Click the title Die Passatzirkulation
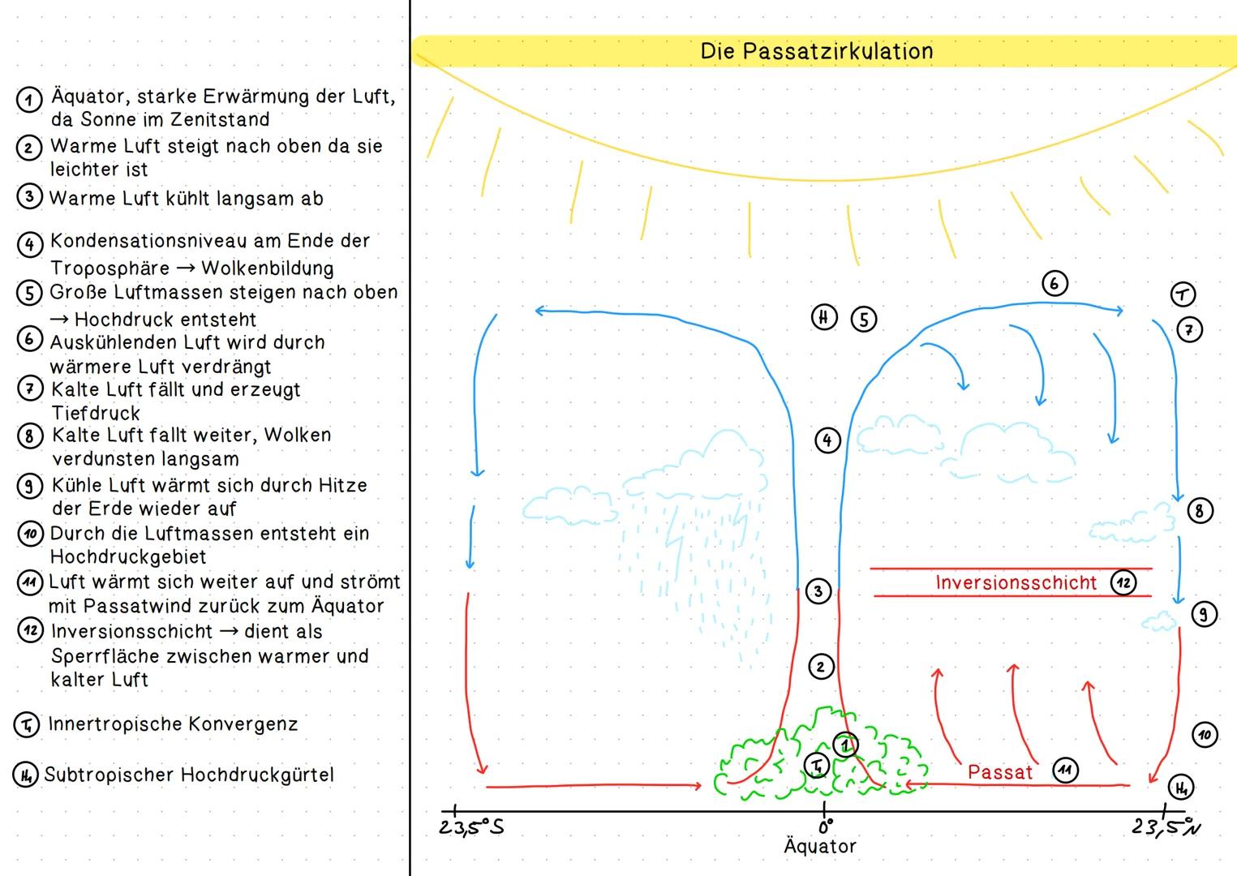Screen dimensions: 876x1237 (x=817, y=51)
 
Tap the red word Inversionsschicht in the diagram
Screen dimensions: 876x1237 (x=1016, y=582)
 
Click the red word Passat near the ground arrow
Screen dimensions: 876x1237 (x=1000, y=772)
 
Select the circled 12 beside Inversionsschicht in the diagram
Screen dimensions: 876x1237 (x=1123, y=582)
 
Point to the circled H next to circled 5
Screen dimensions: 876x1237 (x=824, y=317)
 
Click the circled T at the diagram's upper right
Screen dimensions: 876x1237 (x=1183, y=294)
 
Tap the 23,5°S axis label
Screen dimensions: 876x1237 (x=471, y=828)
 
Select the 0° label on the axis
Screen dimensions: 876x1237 (x=825, y=827)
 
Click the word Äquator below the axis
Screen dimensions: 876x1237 (x=820, y=846)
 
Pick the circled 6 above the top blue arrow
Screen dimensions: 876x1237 (x=1054, y=283)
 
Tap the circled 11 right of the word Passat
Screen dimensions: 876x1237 (x=1065, y=771)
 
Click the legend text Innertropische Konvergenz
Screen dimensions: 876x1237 (x=173, y=724)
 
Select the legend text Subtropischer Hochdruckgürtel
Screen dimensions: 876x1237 (x=189, y=775)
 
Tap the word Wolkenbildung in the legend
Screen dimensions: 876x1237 (x=268, y=268)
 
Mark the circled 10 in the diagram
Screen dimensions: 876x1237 (x=1205, y=735)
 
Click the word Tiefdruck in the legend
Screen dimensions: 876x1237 (x=97, y=413)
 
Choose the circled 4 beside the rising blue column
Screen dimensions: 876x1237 (x=827, y=440)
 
